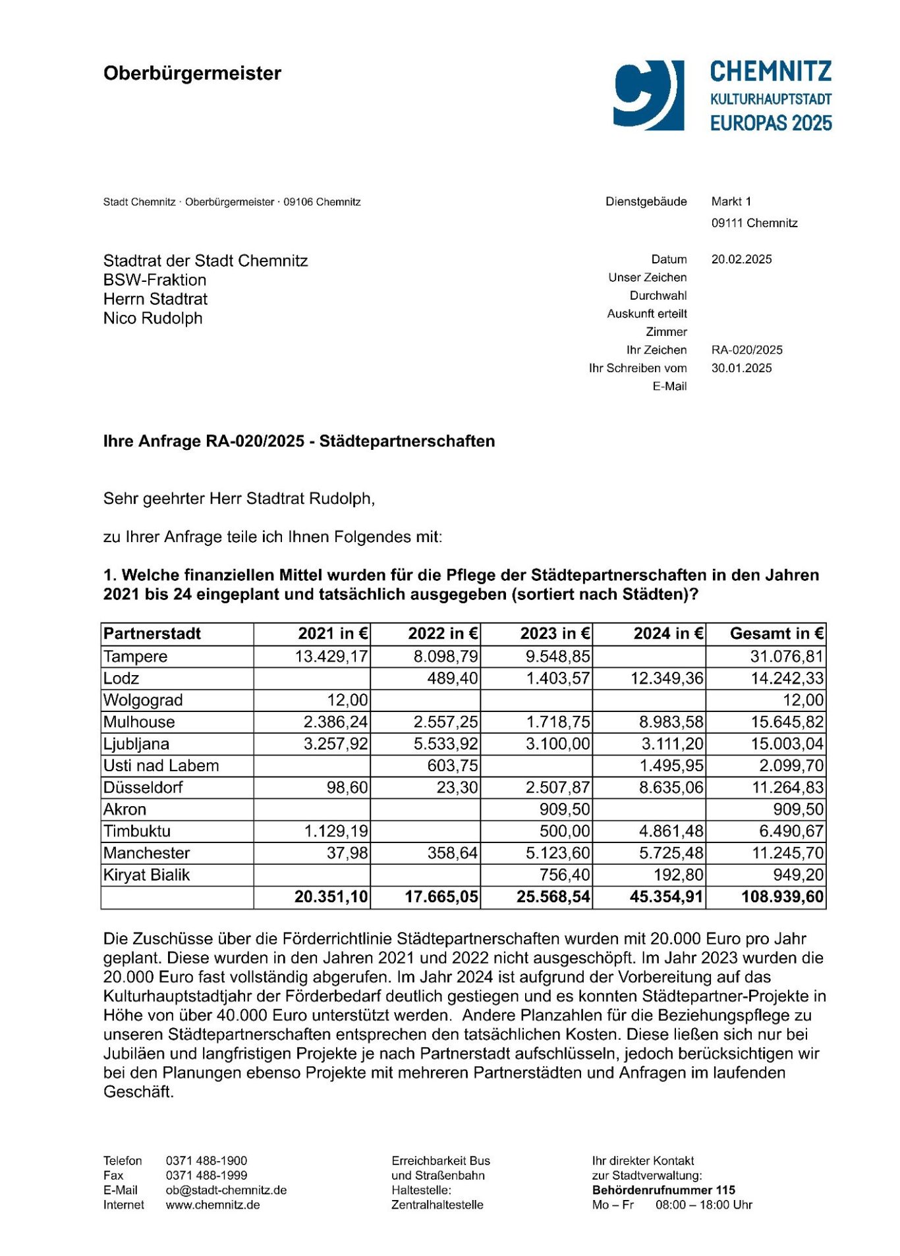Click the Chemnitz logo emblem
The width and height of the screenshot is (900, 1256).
pos(648,95)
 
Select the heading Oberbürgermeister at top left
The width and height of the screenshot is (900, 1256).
pos(192,73)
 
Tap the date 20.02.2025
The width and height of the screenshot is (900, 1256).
pos(741,259)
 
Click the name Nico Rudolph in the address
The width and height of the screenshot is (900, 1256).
pos(153,319)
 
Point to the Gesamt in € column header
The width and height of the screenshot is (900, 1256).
pos(776,634)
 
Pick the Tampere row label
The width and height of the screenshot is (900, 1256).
pos(136,657)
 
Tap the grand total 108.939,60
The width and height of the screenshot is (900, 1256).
pos(782,897)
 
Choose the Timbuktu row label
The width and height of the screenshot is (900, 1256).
pos(137,831)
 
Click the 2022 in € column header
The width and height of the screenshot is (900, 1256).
pos(443,634)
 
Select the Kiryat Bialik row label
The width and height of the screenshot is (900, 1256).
pos(146,875)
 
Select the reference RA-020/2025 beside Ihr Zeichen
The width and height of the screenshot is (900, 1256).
pos(746,350)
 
